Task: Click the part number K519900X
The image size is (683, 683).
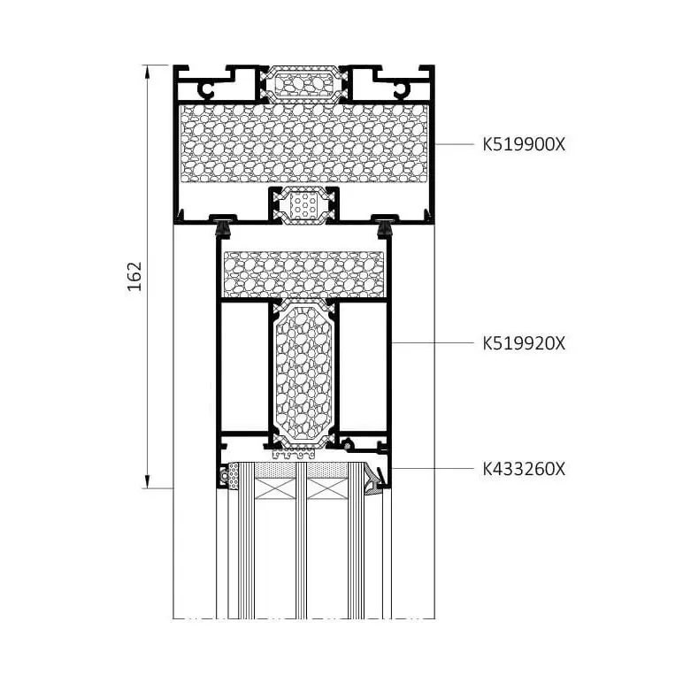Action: tap(524, 144)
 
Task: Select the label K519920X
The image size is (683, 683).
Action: tap(524, 343)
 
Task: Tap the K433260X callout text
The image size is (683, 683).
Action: tap(524, 469)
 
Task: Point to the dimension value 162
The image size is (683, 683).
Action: tap(134, 276)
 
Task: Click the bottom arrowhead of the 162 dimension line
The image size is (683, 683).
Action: tap(148, 482)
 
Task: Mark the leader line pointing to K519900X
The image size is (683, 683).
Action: tap(455, 144)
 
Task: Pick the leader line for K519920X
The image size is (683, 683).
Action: tap(432, 343)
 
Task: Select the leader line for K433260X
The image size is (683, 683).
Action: tap(432, 469)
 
